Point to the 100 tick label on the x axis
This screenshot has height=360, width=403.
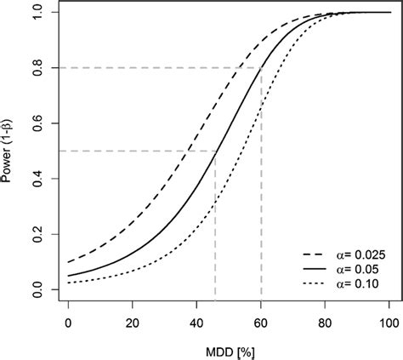(389, 323)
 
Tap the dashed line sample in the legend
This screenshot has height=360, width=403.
(315, 254)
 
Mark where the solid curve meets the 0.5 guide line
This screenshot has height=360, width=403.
(215, 151)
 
